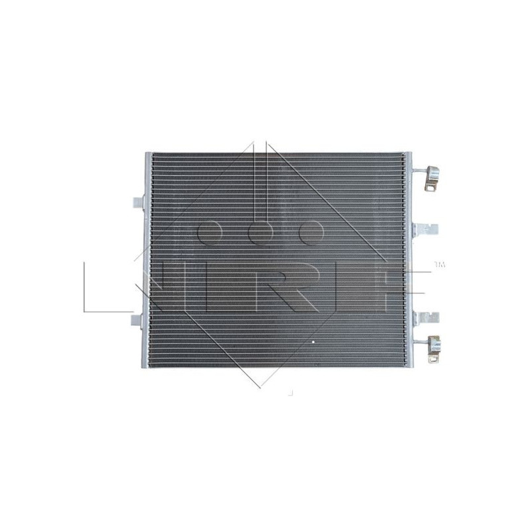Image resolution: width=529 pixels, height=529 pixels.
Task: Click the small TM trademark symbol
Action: [x=439, y=265]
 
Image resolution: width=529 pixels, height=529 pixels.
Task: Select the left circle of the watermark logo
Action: [x=211, y=233]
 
